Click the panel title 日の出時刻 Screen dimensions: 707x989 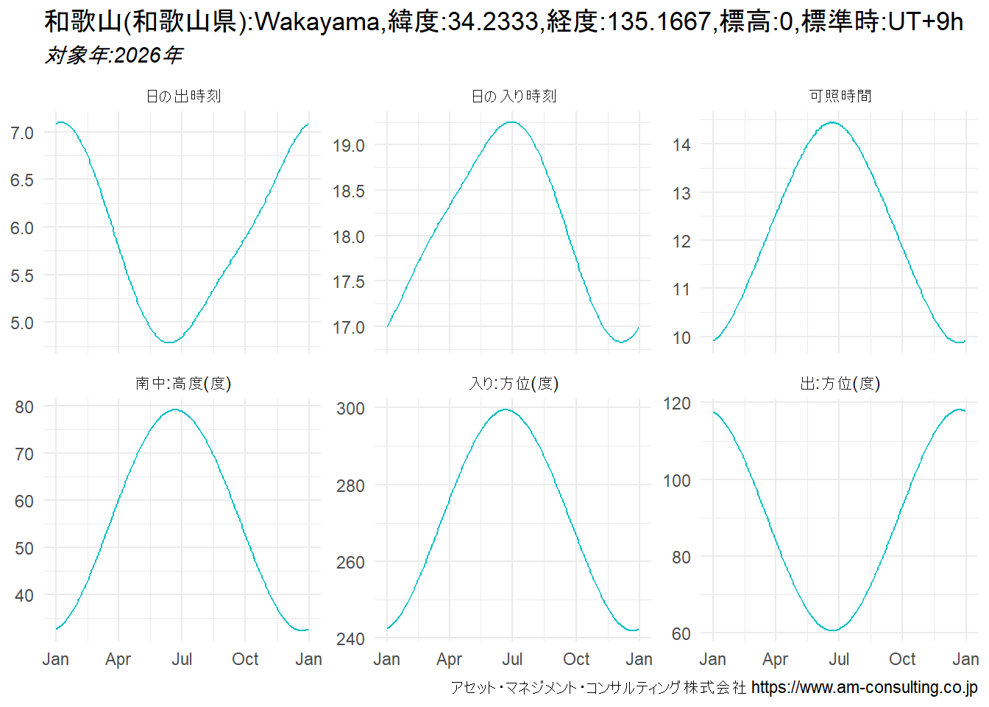click(x=183, y=96)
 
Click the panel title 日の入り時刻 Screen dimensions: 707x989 click(x=514, y=96)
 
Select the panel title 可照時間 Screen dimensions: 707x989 click(x=840, y=96)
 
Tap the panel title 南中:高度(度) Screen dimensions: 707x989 click(x=183, y=384)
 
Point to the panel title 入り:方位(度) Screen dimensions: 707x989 click(x=514, y=384)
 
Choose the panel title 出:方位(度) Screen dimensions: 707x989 click(x=840, y=384)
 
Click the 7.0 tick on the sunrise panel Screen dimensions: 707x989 click(x=22, y=133)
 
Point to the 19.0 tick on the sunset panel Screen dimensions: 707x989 click(x=348, y=146)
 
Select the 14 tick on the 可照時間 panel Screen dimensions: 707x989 click(x=681, y=145)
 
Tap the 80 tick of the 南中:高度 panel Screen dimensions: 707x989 click(x=24, y=407)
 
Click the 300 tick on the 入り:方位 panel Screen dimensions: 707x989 click(x=350, y=409)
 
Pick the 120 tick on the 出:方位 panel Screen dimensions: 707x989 click(x=677, y=404)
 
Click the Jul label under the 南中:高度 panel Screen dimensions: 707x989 click(x=182, y=659)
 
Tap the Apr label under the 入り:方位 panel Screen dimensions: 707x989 click(x=450, y=659)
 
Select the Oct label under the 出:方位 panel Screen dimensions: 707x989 click(x=902, y=659)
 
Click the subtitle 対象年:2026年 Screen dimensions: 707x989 click(x=113, y=55)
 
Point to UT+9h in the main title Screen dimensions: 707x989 click(x=926, y=22)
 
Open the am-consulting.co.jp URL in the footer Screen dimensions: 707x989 click(x=865, y=688)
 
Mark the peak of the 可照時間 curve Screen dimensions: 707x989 click(x=832, y=122)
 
